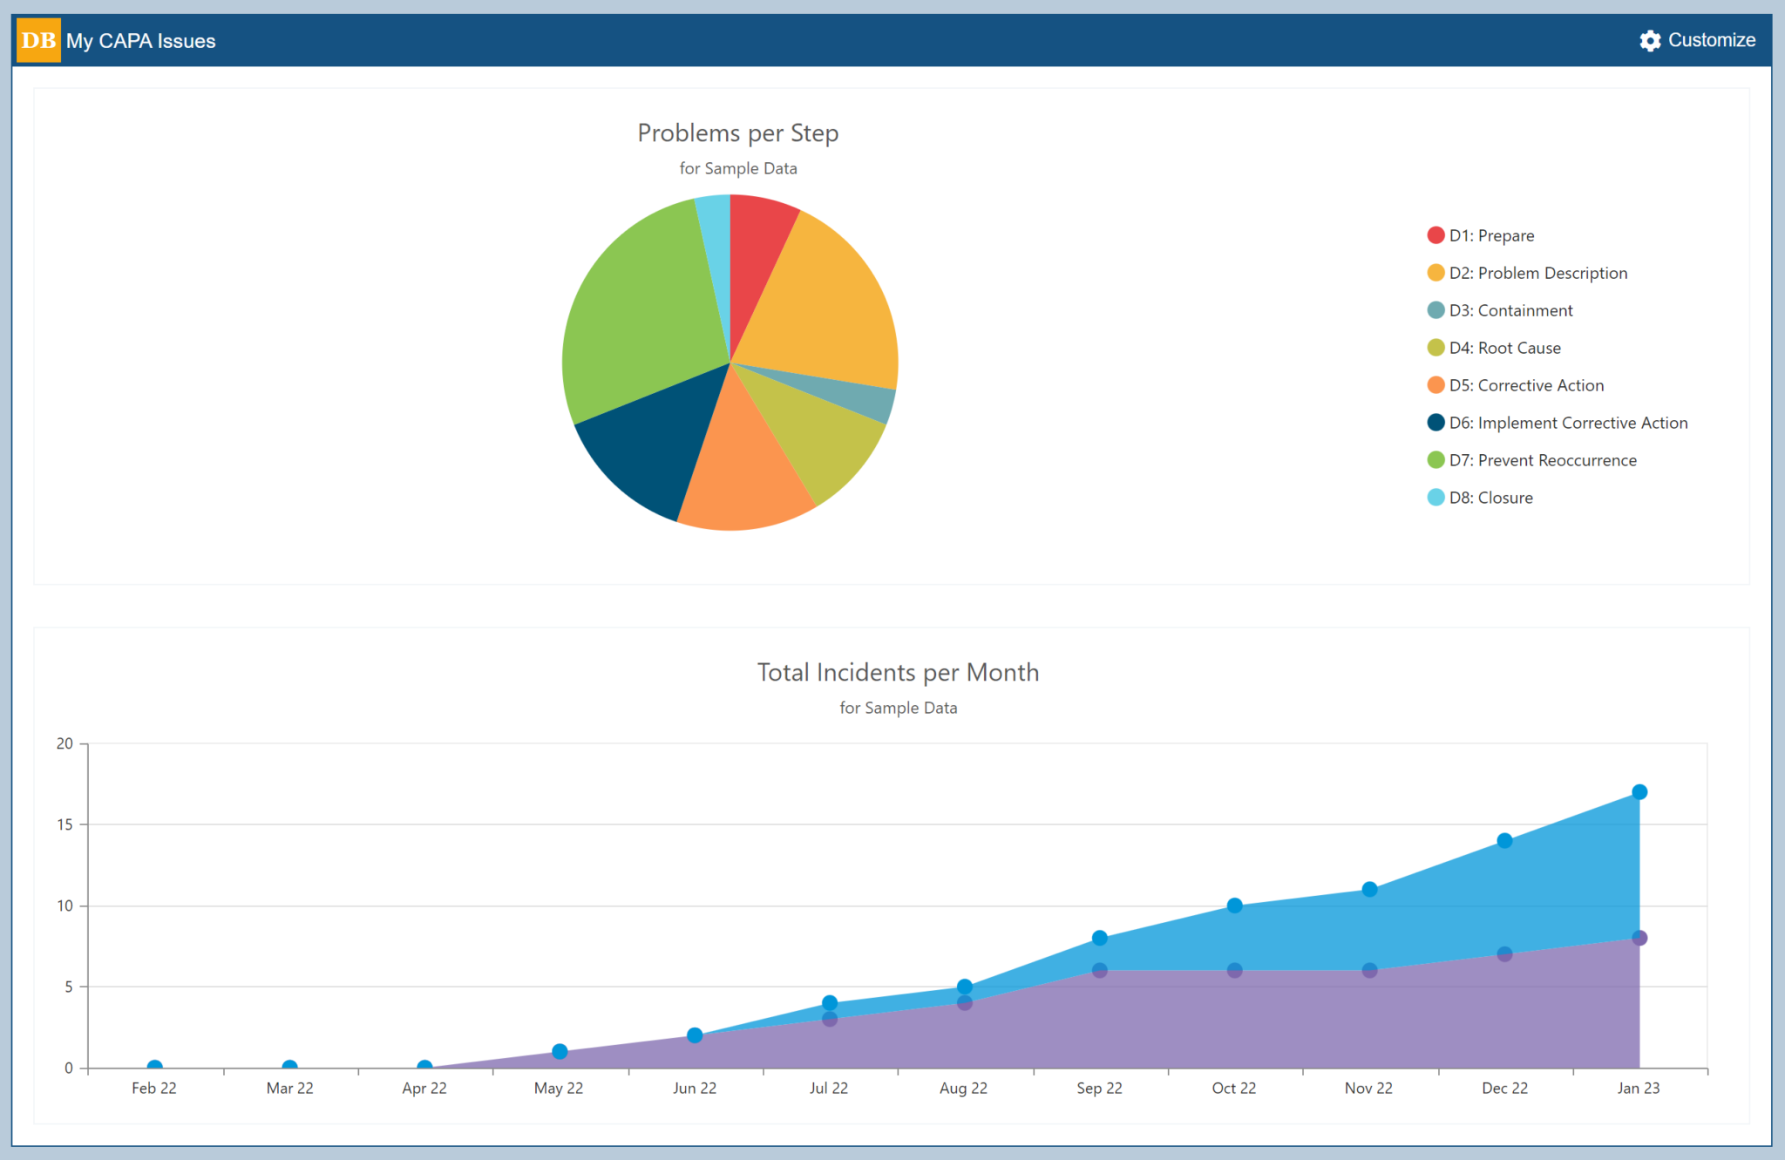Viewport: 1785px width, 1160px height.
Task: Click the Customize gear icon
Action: coord(1649,40)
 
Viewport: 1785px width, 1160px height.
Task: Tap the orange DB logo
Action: coord(38,40)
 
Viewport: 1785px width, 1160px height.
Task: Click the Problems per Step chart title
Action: coord(737,132)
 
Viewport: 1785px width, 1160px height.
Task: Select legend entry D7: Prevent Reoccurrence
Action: coord(1542,460)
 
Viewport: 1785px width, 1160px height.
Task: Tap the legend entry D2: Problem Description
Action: coord(1537,273)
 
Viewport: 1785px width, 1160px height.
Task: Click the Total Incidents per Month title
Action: coord(898,672)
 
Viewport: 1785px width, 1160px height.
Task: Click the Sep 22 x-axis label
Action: coord(1099,1088)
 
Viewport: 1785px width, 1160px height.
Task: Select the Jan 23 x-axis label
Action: coord(1639,1088)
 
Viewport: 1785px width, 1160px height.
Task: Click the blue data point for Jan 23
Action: coord(1639,792)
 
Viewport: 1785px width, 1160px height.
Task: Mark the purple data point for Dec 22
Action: coord(1504,954)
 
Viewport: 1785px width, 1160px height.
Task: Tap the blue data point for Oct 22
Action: coord(1234,906)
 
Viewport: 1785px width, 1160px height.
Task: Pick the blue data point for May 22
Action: coord(560,1052)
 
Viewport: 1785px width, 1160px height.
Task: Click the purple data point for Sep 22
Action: coord(1100,970)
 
